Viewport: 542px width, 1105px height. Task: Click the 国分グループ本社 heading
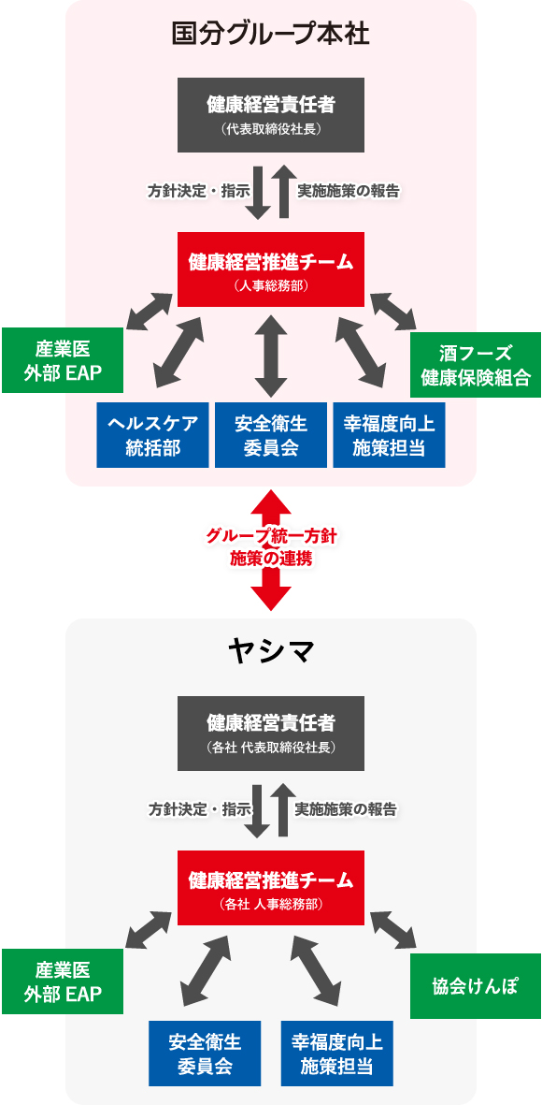tap(271, 35)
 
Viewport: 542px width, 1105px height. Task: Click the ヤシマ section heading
tap(271, 649)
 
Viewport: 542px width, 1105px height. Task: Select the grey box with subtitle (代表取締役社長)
tap(271, 114)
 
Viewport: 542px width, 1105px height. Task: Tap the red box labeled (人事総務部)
tap(271, 270)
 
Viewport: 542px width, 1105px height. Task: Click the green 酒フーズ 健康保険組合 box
tap(476, 365)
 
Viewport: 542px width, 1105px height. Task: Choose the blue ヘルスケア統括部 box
tap(153, 435)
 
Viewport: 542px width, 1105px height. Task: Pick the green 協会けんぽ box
tap(476, 985)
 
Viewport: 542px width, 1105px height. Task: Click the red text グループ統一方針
tap(271, 536)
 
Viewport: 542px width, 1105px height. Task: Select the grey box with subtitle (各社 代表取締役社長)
tap(271, 733)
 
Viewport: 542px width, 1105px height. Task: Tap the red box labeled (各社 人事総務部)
tap(271, 889)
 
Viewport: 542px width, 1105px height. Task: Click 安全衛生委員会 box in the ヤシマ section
tap(205, 1053)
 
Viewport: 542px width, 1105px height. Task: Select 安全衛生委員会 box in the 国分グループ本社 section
tap(271, 435)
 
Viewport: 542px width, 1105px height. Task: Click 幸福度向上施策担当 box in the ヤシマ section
tap(337, 1053)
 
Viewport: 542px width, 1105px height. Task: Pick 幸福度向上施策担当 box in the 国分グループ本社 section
tap(389, 435)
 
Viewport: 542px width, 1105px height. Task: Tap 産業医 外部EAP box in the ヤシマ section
tap(63, 981)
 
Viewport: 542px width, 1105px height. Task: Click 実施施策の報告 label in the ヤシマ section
tap(346, 808)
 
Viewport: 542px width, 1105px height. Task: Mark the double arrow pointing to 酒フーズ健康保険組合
tap(393, 312)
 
